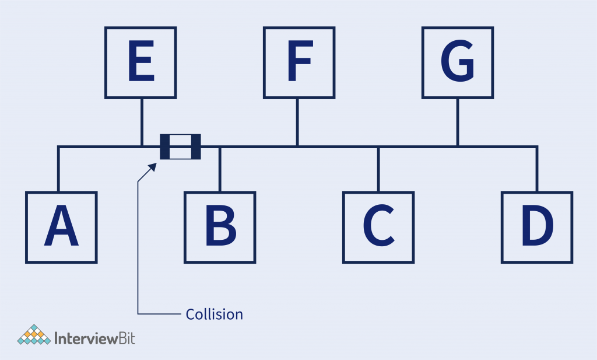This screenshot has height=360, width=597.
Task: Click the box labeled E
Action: (x=141, y=62)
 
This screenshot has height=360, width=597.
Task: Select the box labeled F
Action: (x=299, y=62)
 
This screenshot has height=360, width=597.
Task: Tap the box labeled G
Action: (x=458, y=62)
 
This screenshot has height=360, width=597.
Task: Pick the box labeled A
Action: (x=61, y=227)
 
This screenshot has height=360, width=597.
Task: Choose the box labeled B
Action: (x=220, y=227)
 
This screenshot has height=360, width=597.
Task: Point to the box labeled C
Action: (x=378, y=227)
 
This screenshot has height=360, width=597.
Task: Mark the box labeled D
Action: (x=537, y=227)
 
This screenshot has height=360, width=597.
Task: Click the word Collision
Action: (x=214, y=314)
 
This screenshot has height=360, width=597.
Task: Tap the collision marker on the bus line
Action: (x=181, y=146)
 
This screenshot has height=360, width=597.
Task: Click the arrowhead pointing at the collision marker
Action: (x=153, y=166)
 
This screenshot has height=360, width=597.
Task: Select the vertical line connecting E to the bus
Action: (x=142, y=121)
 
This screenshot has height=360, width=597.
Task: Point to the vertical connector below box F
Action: (x=297, y=121)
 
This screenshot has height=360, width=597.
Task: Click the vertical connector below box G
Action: (x=458, y=121)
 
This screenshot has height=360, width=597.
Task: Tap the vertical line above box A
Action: (x=58, y=169)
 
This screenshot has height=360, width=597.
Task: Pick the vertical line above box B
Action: (x=219, y=169)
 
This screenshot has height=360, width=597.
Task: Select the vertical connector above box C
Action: (x=378, y=169)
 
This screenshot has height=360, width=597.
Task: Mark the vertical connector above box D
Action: (x=537, y=169)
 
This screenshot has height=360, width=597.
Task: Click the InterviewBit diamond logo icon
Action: (x=33, y=335)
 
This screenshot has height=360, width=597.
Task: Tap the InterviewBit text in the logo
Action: (x=94, y=338)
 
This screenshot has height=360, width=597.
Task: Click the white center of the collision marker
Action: (x=181, y=146)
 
